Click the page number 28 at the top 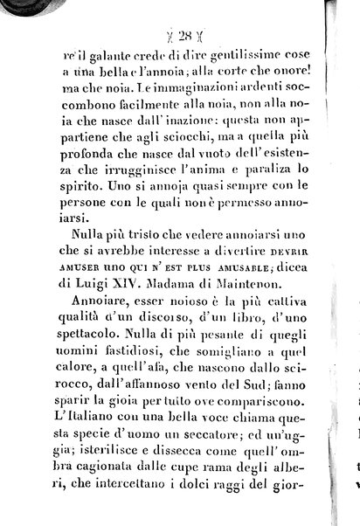[x=183, y=36]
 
